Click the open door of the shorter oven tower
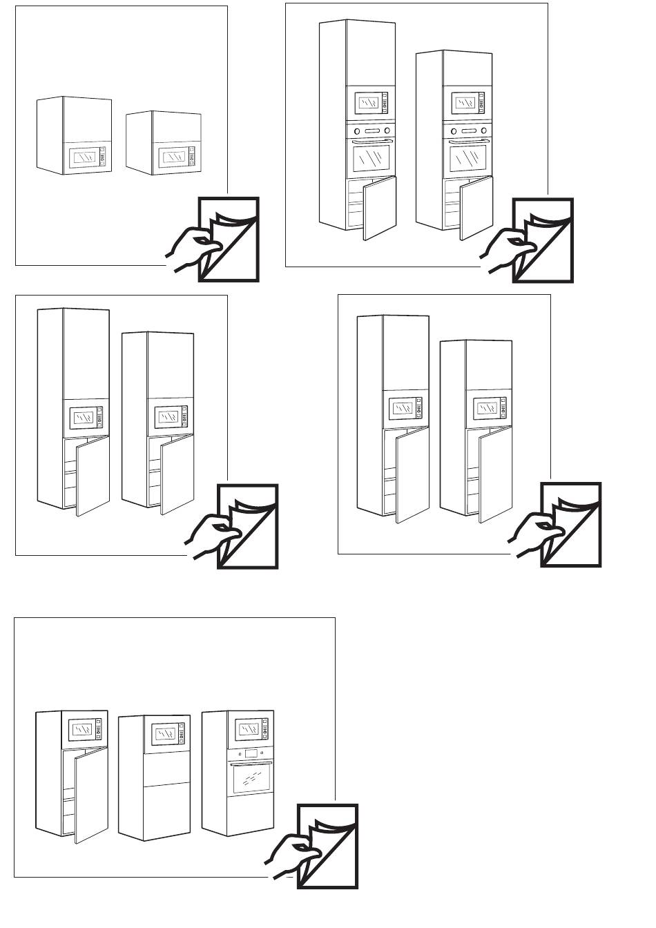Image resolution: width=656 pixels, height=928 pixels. pos(476,206)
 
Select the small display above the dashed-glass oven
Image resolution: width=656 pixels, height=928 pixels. pos(250,753)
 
